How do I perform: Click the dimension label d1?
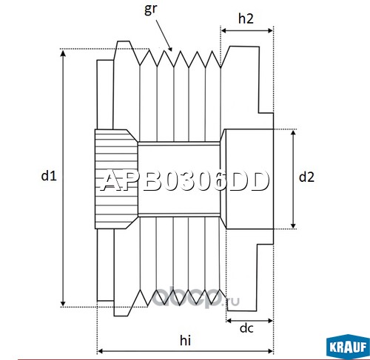[49, 176]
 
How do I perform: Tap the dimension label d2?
[306, 177]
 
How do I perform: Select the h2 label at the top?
[246, 18]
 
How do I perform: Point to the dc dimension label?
[246, 328]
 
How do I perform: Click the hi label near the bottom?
[185, 340]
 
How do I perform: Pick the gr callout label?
[150, 9]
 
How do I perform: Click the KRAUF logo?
[348, 347]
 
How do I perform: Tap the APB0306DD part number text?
[184, 181]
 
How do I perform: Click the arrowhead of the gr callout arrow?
[169, 48]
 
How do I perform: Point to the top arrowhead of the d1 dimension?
[63, 52]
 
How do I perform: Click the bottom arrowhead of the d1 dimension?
[63, 304]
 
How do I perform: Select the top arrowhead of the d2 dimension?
[293, 133]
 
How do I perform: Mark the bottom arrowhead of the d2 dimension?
[293, 225]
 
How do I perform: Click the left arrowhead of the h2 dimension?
[223, 30]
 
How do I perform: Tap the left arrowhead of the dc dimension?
[229, 321]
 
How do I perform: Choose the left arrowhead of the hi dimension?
[100, 351]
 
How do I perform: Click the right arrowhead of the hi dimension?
[270, 351]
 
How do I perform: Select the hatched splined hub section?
[116, 179]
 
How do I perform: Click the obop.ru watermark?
[195, 299]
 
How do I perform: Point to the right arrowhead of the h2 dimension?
[270, 30]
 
